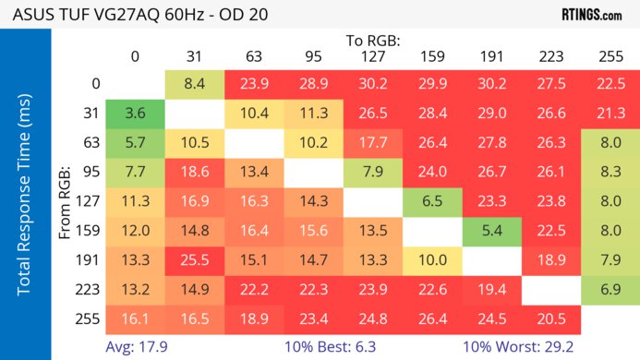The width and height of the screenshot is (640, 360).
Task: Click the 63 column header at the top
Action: click(253, 57)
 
